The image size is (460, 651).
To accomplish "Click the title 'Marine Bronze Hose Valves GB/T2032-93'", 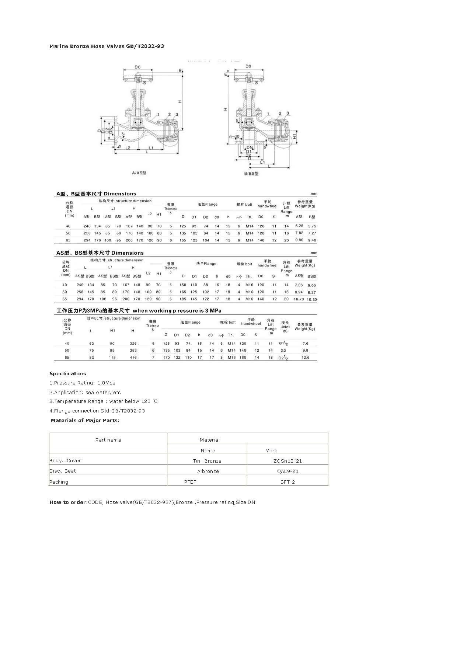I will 107,46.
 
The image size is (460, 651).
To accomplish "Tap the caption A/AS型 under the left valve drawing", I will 139,173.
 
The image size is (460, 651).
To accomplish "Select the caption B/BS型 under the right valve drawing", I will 251,173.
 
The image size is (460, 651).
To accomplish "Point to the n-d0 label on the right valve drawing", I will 234,136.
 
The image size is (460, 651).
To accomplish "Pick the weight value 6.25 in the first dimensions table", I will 299,226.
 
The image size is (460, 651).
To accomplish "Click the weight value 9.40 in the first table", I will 312,240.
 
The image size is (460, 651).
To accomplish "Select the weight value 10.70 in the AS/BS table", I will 299,299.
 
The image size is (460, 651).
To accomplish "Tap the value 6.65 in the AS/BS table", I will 312,285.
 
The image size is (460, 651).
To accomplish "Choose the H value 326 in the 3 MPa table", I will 133,343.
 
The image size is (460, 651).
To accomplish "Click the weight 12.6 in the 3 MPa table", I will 305,357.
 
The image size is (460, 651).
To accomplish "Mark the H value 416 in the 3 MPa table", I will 133,357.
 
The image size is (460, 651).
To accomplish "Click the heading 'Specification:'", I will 68,373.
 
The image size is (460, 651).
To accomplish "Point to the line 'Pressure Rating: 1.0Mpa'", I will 83,383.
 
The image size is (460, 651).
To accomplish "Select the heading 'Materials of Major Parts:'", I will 85,420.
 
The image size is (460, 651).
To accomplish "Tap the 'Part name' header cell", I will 108,440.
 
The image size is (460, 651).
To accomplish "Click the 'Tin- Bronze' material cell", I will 207,461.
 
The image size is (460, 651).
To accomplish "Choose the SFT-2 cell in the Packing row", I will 287,482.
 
